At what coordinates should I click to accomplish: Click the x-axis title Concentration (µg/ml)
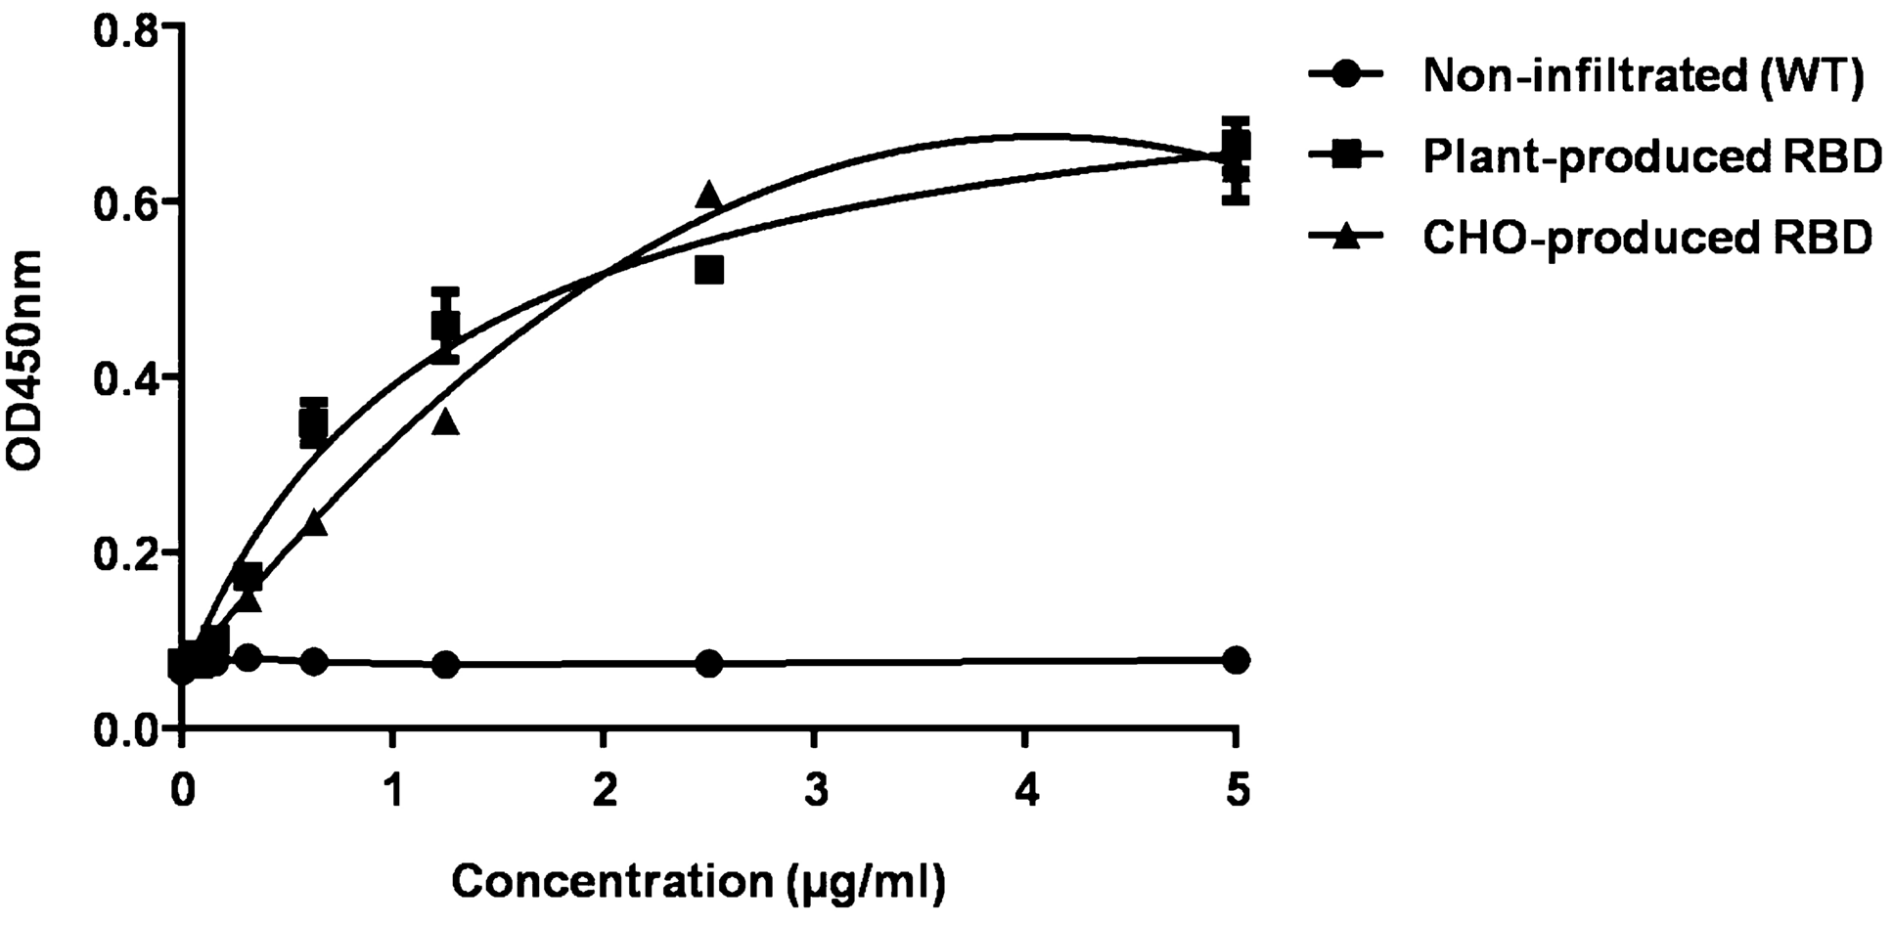699,882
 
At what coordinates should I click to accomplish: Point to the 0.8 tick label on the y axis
126,28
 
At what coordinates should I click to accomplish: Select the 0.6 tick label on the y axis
126,202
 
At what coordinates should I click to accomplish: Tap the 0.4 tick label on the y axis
126,377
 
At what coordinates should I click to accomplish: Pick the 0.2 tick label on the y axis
126,553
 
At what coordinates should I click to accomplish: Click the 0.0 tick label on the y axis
126,729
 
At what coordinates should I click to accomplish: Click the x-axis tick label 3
815,790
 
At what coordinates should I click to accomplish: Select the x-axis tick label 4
1026,790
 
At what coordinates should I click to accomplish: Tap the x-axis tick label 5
1238,790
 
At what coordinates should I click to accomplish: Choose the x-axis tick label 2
605,790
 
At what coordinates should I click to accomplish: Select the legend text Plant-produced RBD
1652,156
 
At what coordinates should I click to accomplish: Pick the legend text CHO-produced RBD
1647,238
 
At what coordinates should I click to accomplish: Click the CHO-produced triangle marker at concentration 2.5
709,196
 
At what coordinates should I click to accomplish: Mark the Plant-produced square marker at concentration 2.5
709,270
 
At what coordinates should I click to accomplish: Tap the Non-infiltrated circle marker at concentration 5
1237,660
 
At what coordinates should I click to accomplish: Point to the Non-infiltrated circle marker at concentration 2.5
709,664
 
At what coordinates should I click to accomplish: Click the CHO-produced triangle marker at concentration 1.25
446,420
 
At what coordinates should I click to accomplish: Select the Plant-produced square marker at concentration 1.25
446,327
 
